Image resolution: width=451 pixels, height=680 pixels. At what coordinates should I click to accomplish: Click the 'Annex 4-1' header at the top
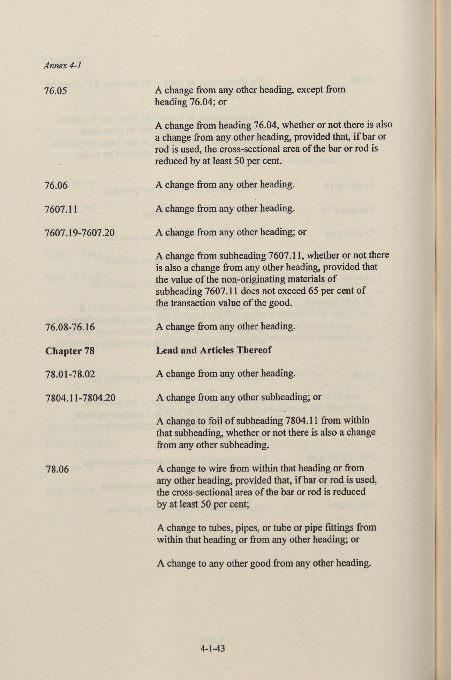tap(62, 66)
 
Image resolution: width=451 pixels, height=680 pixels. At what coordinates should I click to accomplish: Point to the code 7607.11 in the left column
tap(61, 209)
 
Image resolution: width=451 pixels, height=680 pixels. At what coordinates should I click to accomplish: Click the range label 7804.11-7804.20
tap(81, 398)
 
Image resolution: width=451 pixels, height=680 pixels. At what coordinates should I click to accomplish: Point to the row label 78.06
tap(57, 469)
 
